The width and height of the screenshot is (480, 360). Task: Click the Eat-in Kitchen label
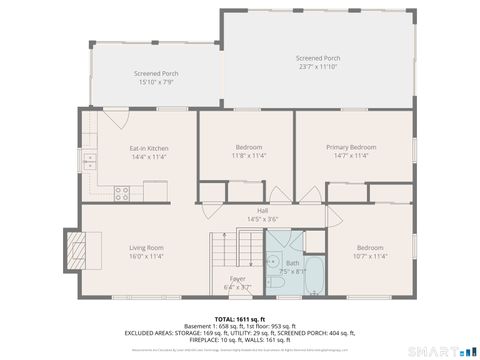[148, 148]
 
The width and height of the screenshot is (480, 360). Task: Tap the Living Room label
[146, 247]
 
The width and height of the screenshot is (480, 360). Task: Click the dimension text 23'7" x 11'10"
[318, 66]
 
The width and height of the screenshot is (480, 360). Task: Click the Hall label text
[262, 210]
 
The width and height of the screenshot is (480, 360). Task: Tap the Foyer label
[238, 278]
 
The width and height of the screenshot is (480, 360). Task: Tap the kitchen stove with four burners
[124, 189]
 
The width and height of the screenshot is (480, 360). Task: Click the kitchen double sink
[89, 160]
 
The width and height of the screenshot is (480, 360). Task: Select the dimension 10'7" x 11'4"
[370, 255]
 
